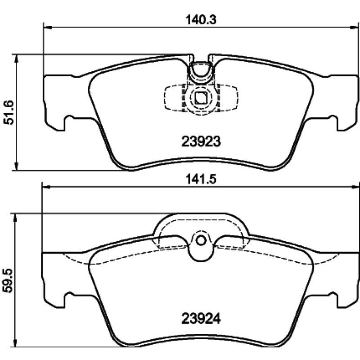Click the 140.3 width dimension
tap(201, 20)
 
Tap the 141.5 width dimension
tap(201, 180)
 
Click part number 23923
tap(201, 141)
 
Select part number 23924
tap(201, 319)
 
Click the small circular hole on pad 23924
tap(201, 241)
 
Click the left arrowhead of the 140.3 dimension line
tap(47, 27)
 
